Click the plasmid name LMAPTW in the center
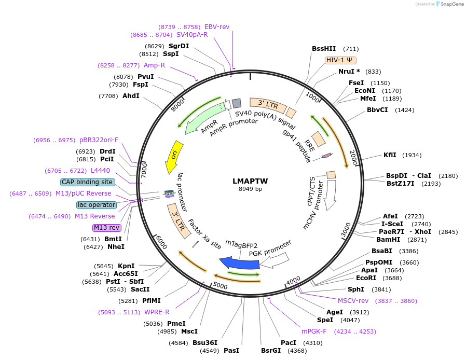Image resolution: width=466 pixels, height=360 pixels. [250, 181]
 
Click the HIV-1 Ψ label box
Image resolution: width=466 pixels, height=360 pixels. [340, 60]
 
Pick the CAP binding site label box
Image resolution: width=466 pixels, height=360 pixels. [87, 182]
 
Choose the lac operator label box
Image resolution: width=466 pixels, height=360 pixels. [96, 205]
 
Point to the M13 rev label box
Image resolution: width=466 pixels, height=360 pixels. [107, 228]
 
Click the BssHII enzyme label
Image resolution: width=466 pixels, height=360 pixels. [324, 49]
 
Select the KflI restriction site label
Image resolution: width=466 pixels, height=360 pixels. [390, 155]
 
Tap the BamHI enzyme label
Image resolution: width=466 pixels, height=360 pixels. [388, 239]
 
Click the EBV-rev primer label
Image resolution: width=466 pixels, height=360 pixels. [217, 26]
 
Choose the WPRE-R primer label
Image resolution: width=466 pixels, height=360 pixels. [157, 312]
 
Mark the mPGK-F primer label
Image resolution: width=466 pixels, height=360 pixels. [314, 331]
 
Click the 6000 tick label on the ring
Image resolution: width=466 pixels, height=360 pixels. [161, 242]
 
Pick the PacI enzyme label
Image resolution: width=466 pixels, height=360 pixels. [288, 343]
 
